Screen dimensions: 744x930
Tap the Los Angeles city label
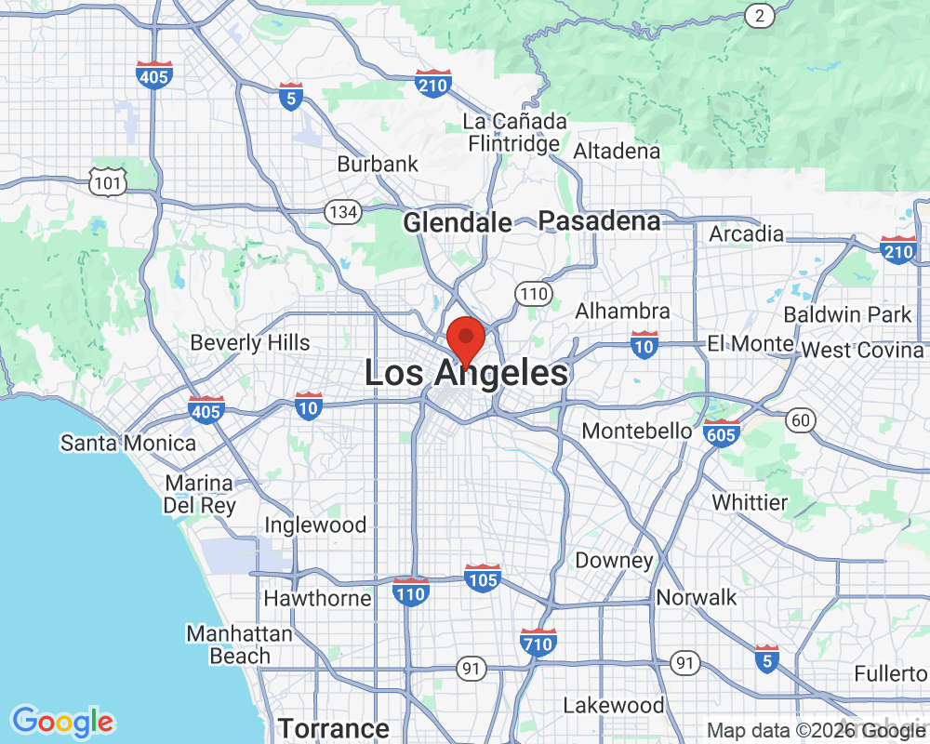466,374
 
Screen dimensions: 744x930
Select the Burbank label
378,164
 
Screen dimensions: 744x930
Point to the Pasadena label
600,221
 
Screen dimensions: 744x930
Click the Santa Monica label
128,443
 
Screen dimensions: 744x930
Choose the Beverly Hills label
250,342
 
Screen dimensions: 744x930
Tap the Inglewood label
315,525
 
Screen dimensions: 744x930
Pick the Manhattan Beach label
240,644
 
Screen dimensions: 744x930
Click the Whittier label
750,502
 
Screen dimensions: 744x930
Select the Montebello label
637,432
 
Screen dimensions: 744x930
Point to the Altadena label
618,151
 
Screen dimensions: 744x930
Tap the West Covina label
863,351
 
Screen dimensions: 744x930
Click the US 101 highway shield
108,182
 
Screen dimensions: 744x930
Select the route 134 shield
343,212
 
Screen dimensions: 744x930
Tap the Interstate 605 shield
723,432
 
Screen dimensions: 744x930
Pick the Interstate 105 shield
483,578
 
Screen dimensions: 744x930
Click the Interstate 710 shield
538,642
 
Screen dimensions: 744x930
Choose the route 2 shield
760,14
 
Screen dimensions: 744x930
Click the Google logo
63,721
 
